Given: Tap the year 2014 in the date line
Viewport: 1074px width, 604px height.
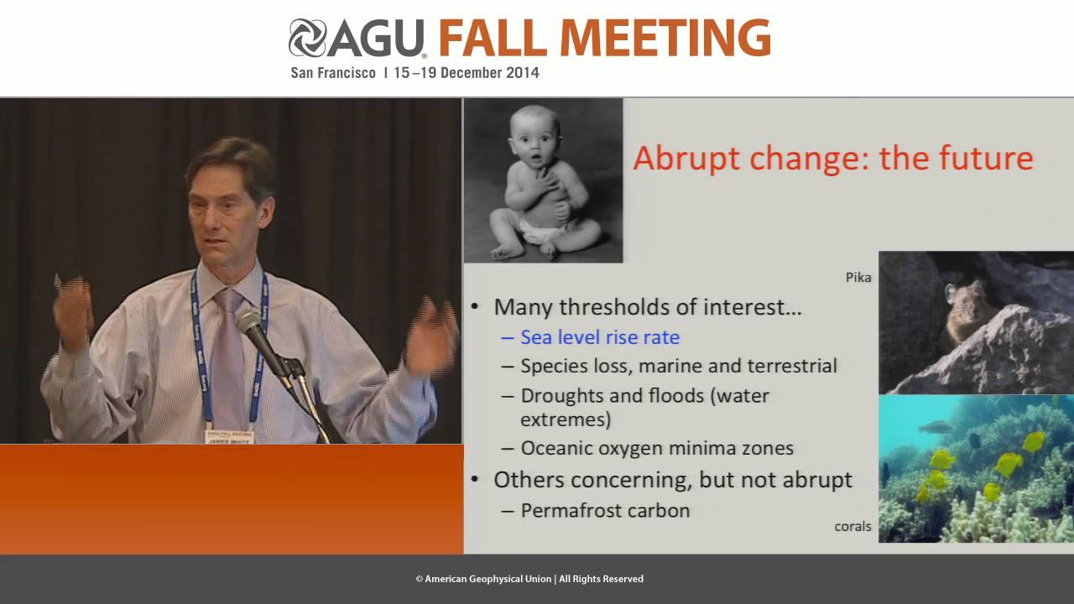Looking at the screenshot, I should click(x=522, y=73).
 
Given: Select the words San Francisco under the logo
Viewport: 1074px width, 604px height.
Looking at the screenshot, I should click(x=333, y=73).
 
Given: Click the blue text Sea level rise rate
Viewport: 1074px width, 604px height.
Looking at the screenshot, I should click(x=600, y=337).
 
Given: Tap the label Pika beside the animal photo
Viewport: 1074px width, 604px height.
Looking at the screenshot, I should click(x=858, y=278).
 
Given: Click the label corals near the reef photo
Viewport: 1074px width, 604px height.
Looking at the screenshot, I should click(x=852, y=527).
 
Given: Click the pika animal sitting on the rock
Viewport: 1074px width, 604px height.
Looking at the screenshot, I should click(x=965, y=315).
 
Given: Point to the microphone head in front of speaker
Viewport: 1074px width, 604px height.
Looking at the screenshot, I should click(x=248, y=321).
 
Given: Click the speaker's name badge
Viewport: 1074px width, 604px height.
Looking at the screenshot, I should click(x=229, y=435).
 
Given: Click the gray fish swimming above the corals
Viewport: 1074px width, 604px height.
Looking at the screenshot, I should click(x=934, y=427).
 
